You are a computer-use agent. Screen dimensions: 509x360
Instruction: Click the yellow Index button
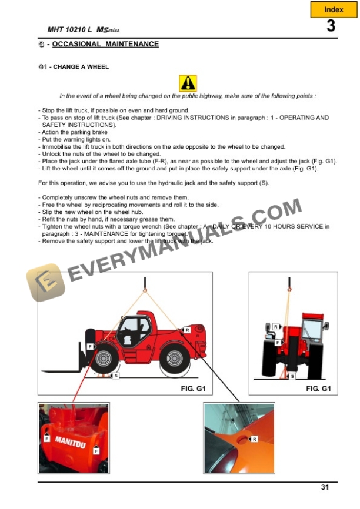pyautogui.click(x=334, y=9)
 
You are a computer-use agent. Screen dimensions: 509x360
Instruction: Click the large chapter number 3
pyautogui.click(x=331, y=26)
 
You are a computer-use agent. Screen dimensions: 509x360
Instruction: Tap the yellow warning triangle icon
pyautogui.click(x=188, y=83)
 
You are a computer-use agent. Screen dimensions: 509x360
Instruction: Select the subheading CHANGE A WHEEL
pyautogui.click(x=79, y=67)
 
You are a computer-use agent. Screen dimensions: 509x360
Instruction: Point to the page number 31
pyautogui.click(x=325, y=487)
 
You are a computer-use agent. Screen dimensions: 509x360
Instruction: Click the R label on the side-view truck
pyautogui.click(x=186, y=330)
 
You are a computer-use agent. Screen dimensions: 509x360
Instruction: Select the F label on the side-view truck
pyautogui.click(x=90, y=347)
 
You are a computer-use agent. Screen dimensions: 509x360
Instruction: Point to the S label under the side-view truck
pyautogui.click(x=115, y=376)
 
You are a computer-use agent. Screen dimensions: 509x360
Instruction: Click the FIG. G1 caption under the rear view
pyautogui.click(x=318, y=389)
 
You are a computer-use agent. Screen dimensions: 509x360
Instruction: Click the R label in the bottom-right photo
pyautogui.click(x=254, y=439)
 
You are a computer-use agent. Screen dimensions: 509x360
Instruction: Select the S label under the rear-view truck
pyautogui.click(x=292, y=376)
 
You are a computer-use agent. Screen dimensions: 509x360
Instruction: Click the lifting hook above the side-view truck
pyautogui.click(x=145, y=289)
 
